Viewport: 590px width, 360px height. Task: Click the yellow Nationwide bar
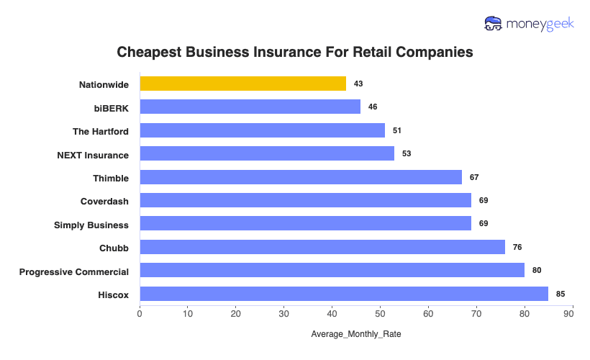[242, 84]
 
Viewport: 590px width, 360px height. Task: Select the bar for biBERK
[250, 107]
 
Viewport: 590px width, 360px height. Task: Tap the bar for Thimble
[301, 177]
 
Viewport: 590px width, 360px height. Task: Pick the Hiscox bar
[344, 294]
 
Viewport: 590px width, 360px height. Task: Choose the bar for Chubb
[322, 247]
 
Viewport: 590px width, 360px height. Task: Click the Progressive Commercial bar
[332, 271]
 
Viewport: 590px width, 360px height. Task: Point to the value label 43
[358, 84]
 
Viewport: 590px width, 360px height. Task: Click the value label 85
[560, 294]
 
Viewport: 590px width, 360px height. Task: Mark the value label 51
[396, 130]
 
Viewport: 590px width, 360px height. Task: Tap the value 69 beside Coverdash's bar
[484, 200]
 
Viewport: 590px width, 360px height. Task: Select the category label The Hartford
[101, 131]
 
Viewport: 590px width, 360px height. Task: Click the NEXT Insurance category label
[93, 155]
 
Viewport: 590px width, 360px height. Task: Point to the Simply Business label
[91, 225]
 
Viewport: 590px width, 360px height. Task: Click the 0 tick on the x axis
[140, 314]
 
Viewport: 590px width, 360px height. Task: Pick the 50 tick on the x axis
[381, 314]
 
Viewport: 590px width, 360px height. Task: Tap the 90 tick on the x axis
[573, 314]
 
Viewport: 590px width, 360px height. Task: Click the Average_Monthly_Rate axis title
[356, 335]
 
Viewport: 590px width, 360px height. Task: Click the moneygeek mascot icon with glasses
[494, 24]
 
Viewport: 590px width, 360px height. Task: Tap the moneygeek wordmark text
[540, 24]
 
